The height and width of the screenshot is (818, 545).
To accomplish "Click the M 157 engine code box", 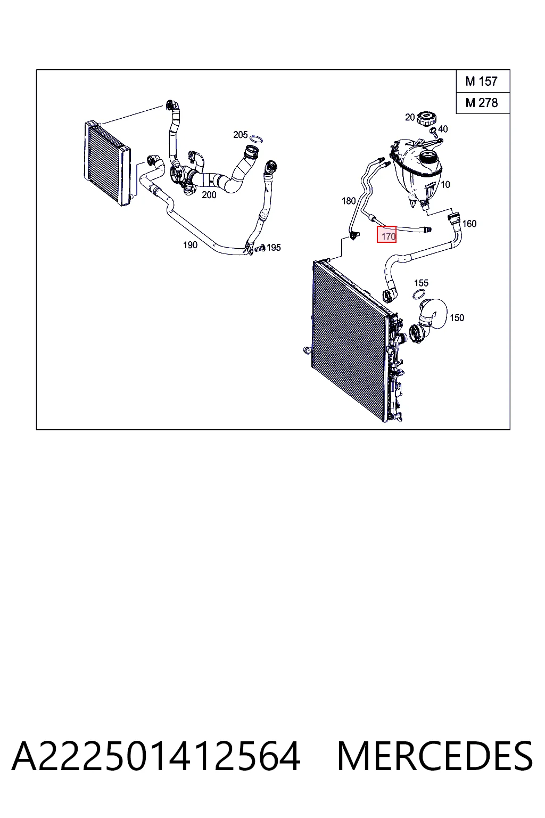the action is (x=483, y=81).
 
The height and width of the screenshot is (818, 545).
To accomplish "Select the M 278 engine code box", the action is (x=483, y=103).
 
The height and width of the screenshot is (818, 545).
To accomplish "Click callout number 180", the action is (x=348, y=201).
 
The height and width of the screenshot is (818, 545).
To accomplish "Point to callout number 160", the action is (x=469, y=224).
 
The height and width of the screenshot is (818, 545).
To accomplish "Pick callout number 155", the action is (x=421, y=283).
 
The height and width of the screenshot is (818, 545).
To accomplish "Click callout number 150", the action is (x=457, y=318).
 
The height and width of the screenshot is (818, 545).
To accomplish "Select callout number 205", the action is (x=240, y=135).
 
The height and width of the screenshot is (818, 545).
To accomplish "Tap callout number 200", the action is (x=209, y=195).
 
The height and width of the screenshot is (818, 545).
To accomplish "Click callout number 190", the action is (x=190, y=245).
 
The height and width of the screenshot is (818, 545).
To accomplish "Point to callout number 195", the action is (x=274, y=248).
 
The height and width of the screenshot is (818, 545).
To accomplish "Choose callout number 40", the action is (x=443, y=129).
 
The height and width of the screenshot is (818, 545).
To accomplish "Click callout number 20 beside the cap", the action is (x=410, y=117).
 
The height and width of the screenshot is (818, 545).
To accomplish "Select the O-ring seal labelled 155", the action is (x=420, y=295).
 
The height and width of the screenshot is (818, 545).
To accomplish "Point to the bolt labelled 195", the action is (x=260, y=248).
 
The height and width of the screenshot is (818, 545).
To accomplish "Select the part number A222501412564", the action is (x=156, y=756).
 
